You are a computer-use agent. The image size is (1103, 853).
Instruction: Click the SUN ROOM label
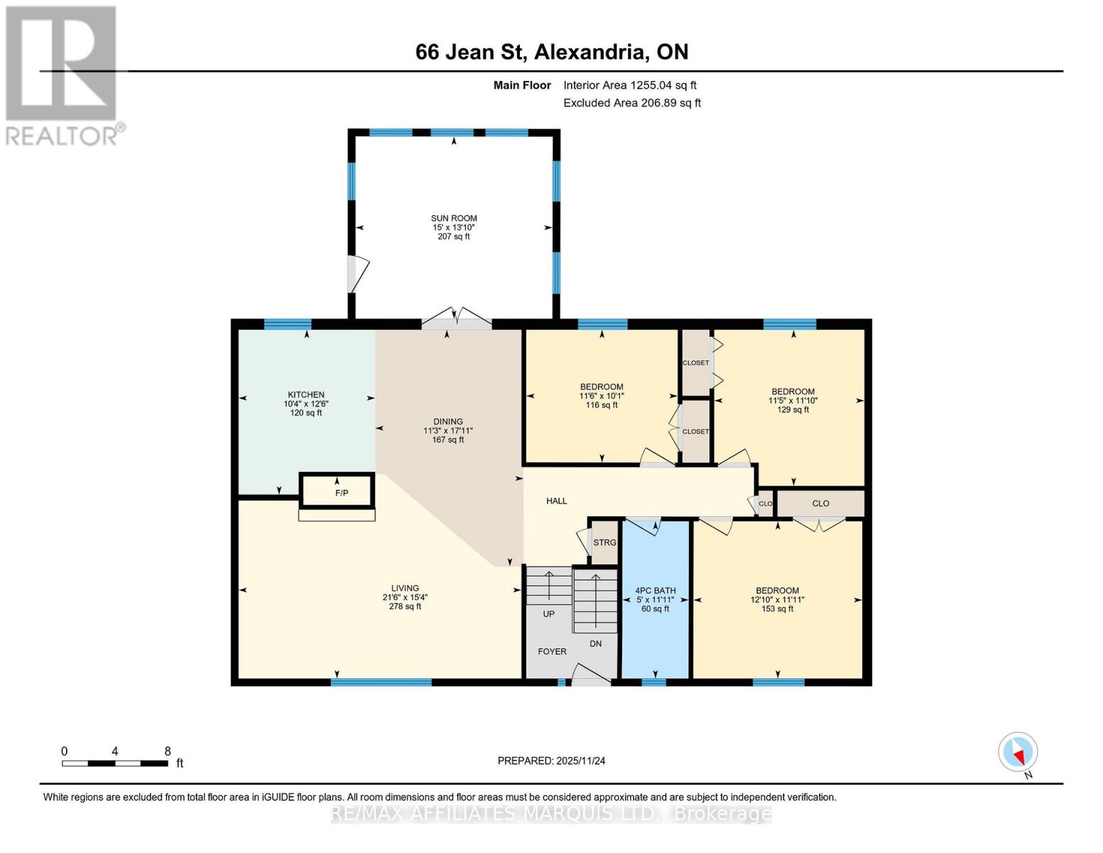[x=454, y=219]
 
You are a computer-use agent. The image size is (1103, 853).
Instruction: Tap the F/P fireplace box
[x=342, y=493]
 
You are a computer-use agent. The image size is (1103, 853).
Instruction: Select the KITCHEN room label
[x=305, y=395]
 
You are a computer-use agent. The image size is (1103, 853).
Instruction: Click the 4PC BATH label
[x=655, y=591]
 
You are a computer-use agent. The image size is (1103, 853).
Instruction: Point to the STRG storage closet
[x=604, y=542]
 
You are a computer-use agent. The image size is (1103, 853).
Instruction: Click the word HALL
[x=556, y=501]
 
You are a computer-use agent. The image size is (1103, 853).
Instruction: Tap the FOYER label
[x=552, y=651]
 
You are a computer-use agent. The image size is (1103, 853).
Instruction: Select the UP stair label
[x=548, y=613]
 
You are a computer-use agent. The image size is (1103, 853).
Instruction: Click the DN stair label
[x=595, y=643]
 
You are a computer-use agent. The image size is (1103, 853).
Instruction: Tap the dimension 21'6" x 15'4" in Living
[x=405, y=597]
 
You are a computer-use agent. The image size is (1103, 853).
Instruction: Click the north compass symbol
[x=1018, y=752]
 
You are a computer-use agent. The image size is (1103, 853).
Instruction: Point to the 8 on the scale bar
[x=168, y=751]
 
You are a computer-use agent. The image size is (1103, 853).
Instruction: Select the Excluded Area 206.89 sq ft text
[x=631, y=103]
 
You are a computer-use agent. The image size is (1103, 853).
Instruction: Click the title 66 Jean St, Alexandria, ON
[x=551, y=52]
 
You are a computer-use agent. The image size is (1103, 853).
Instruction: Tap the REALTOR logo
[x=63, y=75]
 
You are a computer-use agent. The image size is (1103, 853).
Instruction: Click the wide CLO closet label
[x=820, y=503]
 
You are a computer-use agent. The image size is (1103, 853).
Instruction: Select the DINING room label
[x=448, y=422]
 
